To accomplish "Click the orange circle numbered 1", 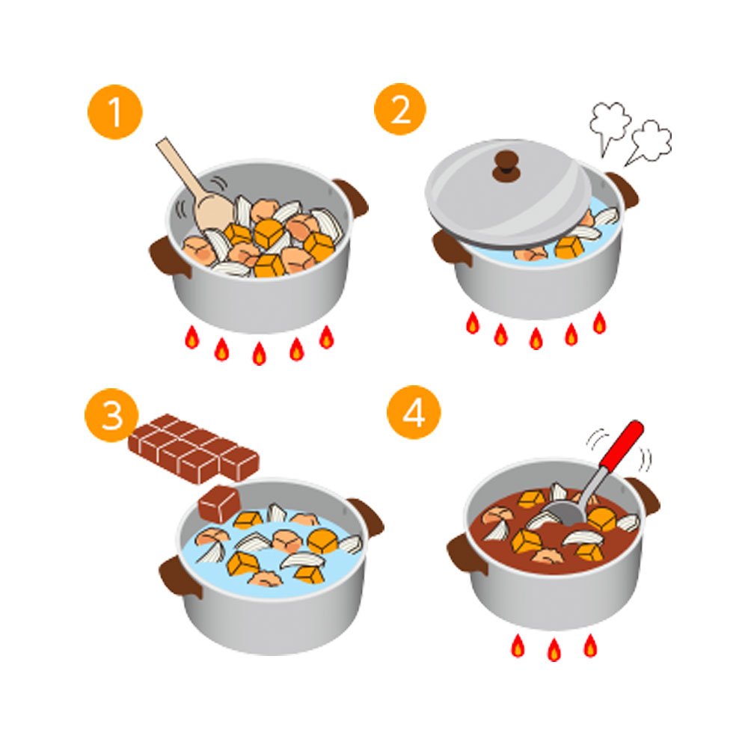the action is (115, 112).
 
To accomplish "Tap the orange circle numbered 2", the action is (399, 109).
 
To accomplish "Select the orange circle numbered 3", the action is (111, 415).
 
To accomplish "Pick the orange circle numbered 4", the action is (414, 412).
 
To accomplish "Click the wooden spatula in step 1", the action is (191, 186).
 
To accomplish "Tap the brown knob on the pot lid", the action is (506, 167).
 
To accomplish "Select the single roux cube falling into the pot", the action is (219, 503).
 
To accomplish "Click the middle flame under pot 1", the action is (259, 354).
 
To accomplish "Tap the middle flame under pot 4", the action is (554, 649).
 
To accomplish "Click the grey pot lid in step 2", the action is (509, 193).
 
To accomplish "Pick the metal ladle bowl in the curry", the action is (567, 512).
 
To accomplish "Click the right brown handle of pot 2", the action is (623, 190).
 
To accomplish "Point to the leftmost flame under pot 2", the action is (472, 323).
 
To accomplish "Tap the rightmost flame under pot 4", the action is (590, 645).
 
